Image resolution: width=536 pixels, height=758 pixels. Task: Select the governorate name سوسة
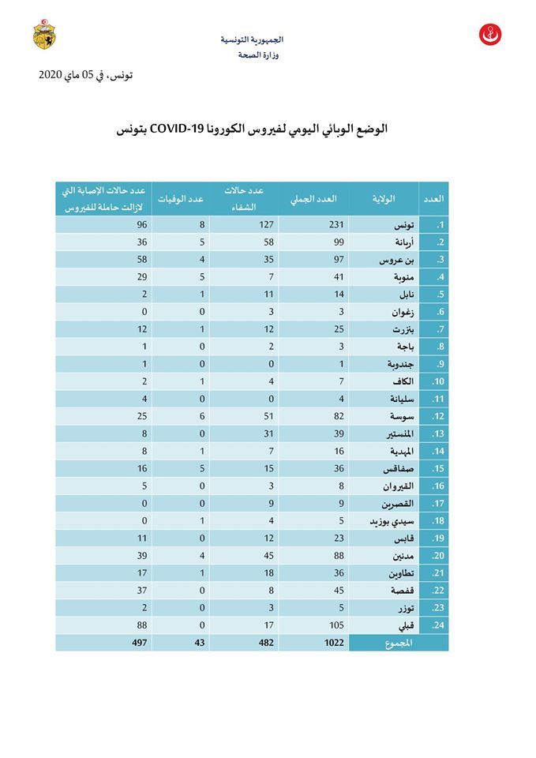coord(406,416)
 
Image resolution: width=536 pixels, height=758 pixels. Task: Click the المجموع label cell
coord(399,644)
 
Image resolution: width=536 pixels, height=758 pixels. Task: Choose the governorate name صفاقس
coord(404,468)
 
